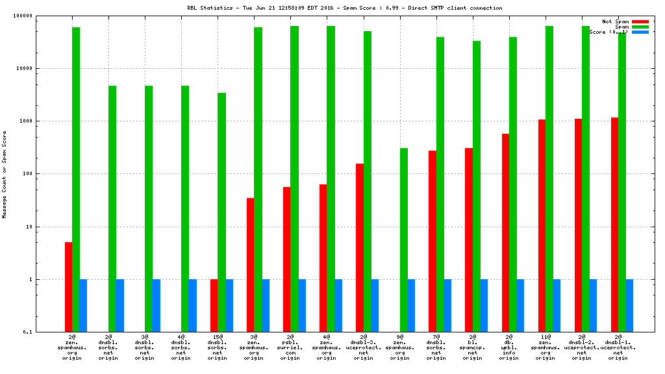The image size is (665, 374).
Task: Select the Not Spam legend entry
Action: coord(615,21)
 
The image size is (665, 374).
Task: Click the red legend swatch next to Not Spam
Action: coord(640,21)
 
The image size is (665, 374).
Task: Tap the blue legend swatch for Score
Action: coord(640,32)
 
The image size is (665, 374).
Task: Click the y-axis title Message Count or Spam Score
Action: coord(5,174)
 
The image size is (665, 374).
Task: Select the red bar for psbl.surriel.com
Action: coord(287,259)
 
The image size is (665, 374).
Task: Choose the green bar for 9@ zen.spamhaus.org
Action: coord(404,240)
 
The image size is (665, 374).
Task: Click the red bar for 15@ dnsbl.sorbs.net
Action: coord(214,305)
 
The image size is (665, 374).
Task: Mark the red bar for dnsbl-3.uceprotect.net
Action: coord(360,247)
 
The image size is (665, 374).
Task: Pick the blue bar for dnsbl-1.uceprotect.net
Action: coord(629,305)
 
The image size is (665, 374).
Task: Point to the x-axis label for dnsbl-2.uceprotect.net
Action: coord(581,347)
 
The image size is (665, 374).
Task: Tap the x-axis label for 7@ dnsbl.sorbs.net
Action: coord(436,347)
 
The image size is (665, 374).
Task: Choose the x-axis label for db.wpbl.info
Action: coord(509,347)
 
